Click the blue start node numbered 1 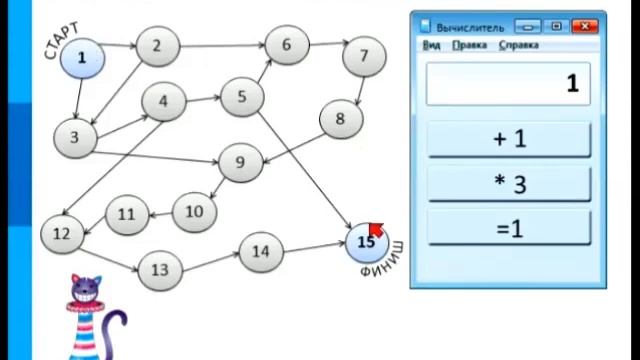(x=82, y=58)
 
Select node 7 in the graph (x=364, y=56)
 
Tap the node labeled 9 (x=240, y=162)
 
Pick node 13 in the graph (x=160, y=270)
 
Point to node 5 (x=242, y=97)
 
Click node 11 (x=127, y=215)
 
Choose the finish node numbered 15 (x=367, y=242)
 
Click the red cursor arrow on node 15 (x=376, y=229)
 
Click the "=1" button (x=509, y=228)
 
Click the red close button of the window (x=585, y=27)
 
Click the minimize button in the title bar (x=527, y=27)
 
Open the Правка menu (x=469, y=45)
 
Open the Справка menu (x=519, y=45)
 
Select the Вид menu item (x=431, y=45)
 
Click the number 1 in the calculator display (x=573, y=83)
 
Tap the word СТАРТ (x=61, y=41)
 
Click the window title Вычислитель (x=470, y=28)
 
